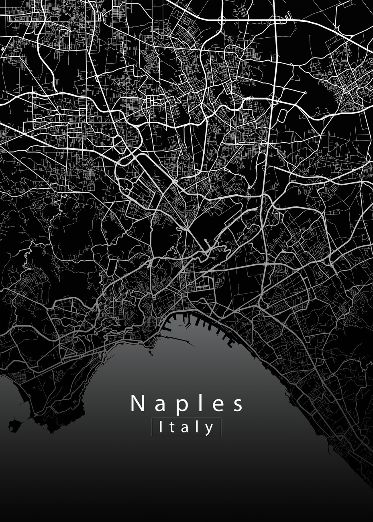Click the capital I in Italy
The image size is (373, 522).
[161, 427]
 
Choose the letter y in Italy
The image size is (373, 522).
[209, 428]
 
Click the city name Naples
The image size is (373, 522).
[187, 404]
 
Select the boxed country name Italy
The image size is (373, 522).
[186, 427]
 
